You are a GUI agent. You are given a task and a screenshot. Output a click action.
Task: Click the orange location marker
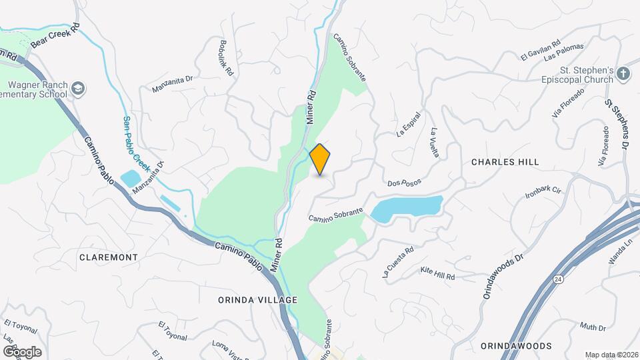coord(320,159)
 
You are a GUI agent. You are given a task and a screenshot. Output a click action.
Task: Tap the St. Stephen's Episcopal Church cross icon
coord(623,74)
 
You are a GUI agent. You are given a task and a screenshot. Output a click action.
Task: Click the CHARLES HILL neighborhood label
coord(505,162)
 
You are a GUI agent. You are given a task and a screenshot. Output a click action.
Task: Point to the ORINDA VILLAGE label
coord(257,300)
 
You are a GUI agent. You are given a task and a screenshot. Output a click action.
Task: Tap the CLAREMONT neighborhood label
coord(108,257)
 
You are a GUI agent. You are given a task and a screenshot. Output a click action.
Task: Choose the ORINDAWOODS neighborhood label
coord(516,346)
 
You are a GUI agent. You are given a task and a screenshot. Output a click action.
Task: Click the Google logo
coord(21,351)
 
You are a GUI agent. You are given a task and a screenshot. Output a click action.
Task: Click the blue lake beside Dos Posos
coord(407,207)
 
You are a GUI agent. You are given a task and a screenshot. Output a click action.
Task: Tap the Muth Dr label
coord(592,327)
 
